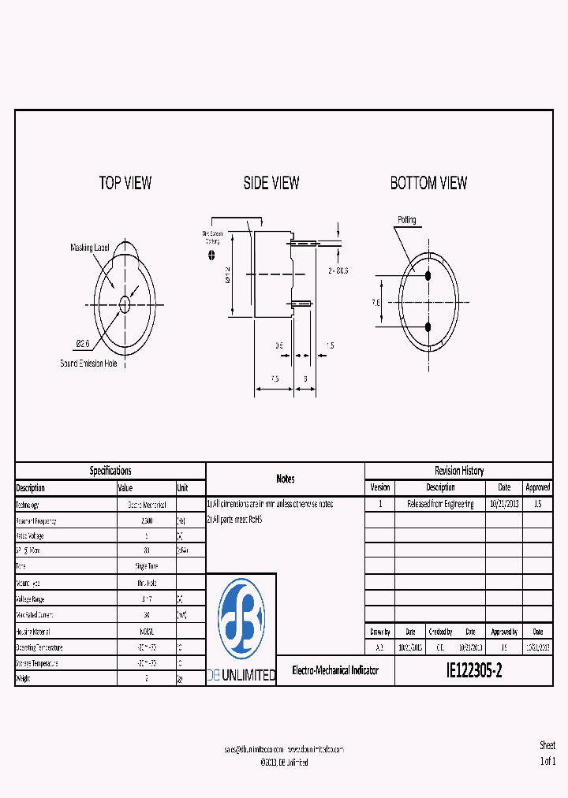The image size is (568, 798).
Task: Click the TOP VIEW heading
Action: [125, 183]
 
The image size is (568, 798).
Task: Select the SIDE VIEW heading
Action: [271, 183]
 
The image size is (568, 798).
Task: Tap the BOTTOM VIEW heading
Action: [428, 183]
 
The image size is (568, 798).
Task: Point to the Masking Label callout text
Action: [90, 248]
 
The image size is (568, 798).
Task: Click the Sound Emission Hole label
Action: [94, 364]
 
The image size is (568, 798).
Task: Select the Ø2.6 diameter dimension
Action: [83, 343]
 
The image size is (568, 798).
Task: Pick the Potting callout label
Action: [406, 220]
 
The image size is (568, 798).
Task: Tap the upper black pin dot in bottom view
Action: [428, 276]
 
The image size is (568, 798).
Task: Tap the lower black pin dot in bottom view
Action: [428, 326]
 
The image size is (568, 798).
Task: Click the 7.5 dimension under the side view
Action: [274, 378]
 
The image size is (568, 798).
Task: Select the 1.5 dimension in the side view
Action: [329, 345]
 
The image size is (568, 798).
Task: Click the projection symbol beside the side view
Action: [211, 255]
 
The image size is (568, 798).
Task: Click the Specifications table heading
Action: [110, 471]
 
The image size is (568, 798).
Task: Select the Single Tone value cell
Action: [146, 567]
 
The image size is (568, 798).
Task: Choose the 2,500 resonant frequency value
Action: [146, 521]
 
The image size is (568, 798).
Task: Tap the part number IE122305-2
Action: [473, 672]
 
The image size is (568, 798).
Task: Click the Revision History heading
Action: [458, 471]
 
